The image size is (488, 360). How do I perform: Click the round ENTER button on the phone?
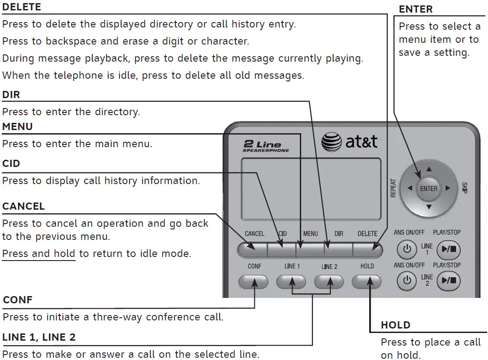[428, 189]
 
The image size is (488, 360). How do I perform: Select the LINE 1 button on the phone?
[291, 282]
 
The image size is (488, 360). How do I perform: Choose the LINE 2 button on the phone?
[329, 282]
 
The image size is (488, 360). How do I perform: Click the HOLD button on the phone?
[366, 282]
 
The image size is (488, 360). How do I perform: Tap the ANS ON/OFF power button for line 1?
[407, 249]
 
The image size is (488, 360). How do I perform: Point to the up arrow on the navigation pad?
[429, 170]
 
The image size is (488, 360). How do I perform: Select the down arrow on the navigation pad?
[429, 207]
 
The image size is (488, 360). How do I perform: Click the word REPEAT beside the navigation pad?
[393, 189]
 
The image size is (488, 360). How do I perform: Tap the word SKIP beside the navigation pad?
[464, 189]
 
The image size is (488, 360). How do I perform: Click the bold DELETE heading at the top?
[22, 7]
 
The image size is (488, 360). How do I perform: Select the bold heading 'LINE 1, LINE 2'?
[39, 337]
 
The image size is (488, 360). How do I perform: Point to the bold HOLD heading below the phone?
[395, 325]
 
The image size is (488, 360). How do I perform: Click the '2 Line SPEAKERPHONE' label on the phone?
[266, 147]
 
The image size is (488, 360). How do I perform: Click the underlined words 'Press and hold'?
[38, 254]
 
